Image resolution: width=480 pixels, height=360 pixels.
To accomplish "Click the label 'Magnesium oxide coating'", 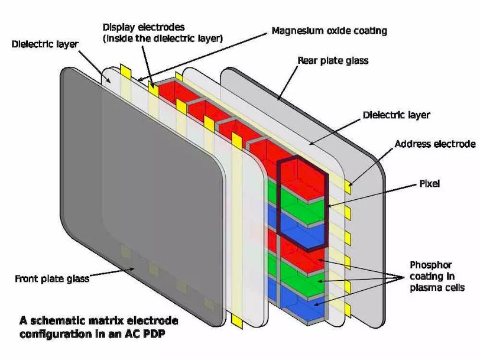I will [329, 30].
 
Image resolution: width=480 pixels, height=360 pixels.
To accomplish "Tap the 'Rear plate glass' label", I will [333, 60].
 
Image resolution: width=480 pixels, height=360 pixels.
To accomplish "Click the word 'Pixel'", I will [429, 184].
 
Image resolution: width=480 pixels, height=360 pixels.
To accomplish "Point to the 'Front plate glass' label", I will [51, 278].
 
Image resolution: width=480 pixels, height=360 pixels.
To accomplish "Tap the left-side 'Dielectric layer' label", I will [44, 44].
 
